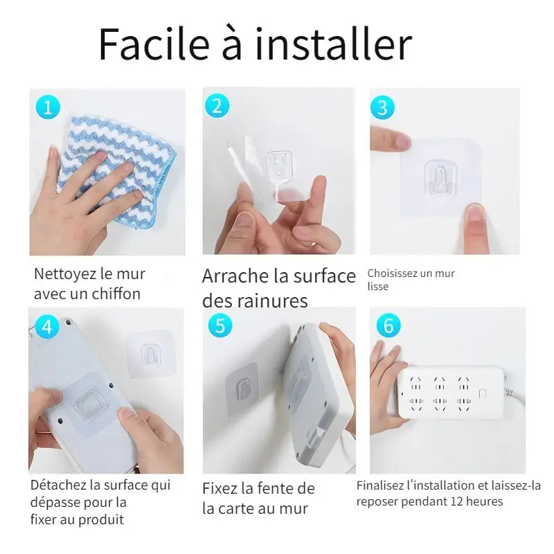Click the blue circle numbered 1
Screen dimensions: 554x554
pos(47,107)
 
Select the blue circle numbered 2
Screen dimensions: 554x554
pos(217,105)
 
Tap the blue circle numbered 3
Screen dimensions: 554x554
pos(382,107)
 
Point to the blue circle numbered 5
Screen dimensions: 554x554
pos(220,325)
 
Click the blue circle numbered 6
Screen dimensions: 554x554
pos(388,325)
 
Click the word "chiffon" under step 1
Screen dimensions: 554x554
pos(115,294)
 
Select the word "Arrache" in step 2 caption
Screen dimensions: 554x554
pos(235,276)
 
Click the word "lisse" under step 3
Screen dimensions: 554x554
pos(377,286)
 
